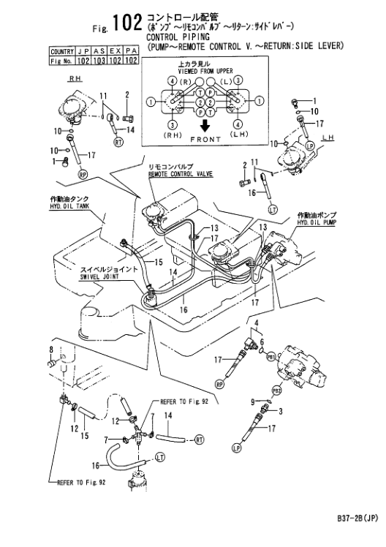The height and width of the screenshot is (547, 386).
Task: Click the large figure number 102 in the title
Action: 127,23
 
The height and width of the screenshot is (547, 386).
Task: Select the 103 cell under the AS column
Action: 99,61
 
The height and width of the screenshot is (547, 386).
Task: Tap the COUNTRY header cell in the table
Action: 62,52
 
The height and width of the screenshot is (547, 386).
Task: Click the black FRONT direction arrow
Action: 205,125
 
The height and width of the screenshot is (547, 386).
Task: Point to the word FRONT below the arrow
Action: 205,139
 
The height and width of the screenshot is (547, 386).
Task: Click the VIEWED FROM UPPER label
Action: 205,71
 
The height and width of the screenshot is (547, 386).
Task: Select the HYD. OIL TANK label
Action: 69,206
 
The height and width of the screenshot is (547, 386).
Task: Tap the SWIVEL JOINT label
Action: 99,276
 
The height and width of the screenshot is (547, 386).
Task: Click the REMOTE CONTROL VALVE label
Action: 181,173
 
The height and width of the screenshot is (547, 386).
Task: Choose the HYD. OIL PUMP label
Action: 317,222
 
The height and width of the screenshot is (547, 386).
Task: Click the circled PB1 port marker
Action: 271,357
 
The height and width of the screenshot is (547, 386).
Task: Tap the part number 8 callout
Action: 51,349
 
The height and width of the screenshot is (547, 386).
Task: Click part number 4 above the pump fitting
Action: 257,322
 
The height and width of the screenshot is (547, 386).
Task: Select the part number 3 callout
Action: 280,411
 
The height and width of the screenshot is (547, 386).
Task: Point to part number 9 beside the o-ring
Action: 253,402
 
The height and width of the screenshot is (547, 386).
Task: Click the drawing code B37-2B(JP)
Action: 357,518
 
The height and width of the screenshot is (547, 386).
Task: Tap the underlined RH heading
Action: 75,78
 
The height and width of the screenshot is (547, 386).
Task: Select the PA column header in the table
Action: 131,52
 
